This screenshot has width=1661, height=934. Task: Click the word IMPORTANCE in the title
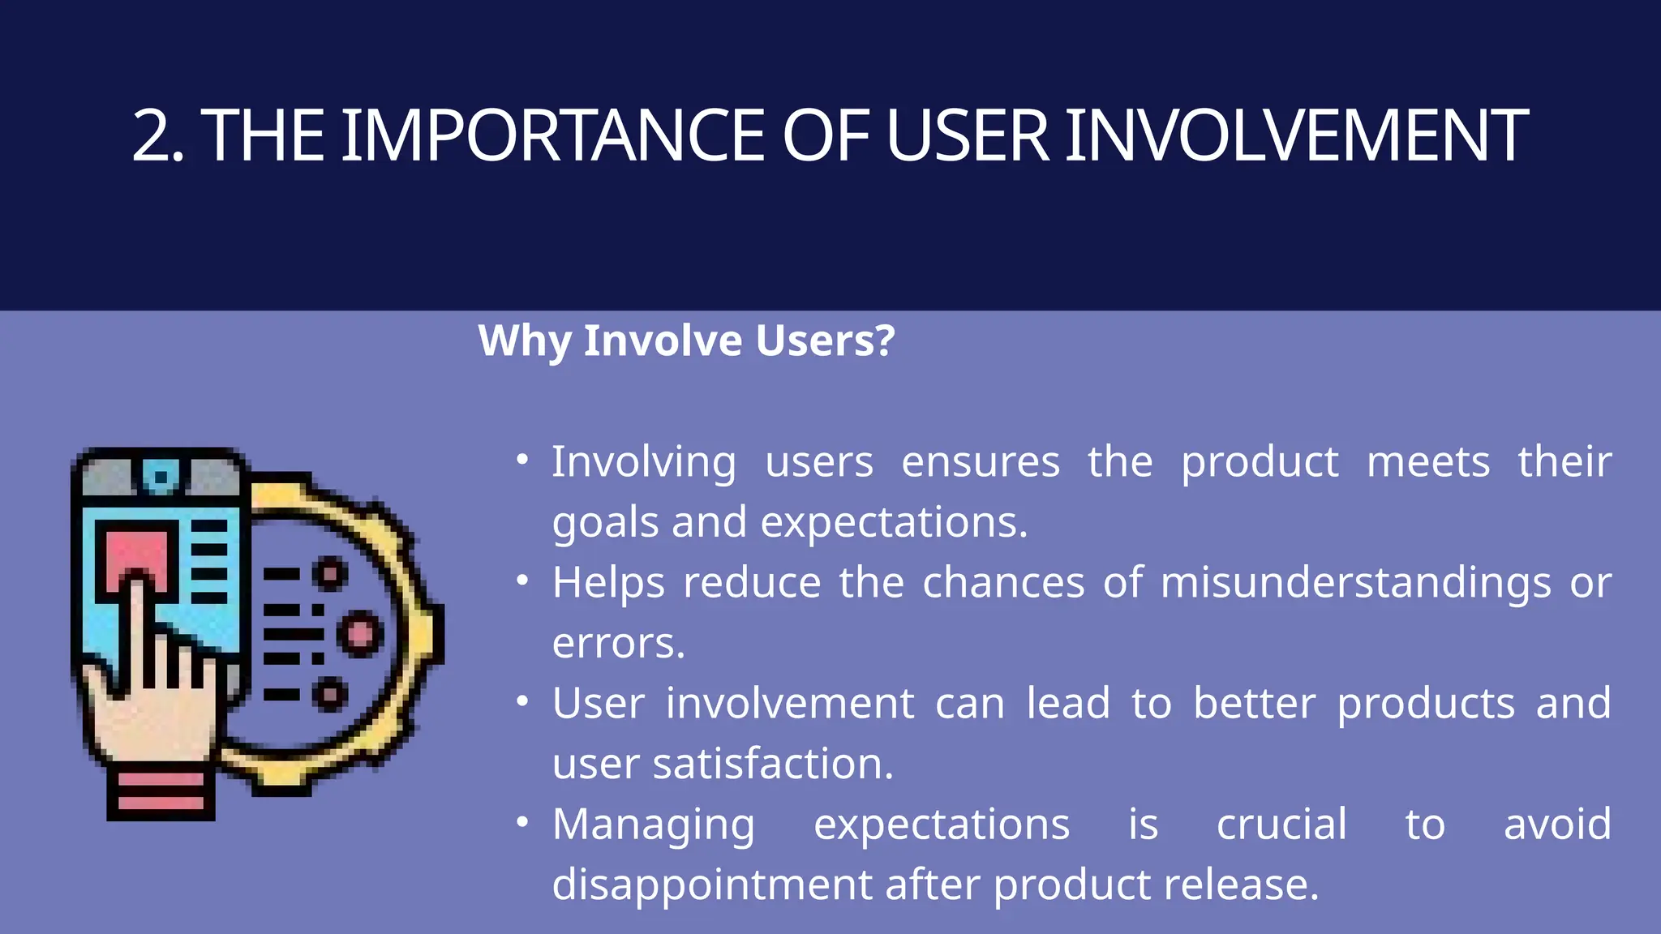point(552,136)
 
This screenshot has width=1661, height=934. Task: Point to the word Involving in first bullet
point(644,462)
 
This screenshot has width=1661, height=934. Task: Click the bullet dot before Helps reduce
point(523,581)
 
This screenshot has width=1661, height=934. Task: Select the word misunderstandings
point(1355,584)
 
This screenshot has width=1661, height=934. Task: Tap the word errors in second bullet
point(618,644)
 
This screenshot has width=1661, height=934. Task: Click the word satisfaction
point(773,764)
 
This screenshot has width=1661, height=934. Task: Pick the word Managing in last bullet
point(654,825)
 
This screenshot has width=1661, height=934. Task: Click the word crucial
point(1281,825)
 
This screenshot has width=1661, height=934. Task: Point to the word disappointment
point(711,885)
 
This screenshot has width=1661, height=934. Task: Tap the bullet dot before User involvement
point(523,702)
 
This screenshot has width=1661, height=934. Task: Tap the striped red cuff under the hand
point(161,792)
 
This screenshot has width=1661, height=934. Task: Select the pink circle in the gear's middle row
point(360,633)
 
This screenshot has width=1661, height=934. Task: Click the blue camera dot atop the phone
point(161,477)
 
